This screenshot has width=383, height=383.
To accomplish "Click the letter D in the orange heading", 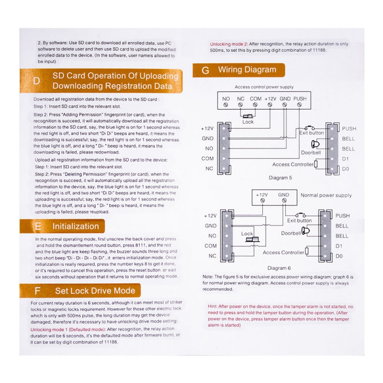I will point(37,80).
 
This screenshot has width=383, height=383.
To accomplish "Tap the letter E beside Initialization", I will point(37,226).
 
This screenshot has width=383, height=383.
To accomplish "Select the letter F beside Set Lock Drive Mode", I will point(37,291).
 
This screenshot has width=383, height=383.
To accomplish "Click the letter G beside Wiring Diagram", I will point(205,70).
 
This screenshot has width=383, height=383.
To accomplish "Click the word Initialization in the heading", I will point(76,226).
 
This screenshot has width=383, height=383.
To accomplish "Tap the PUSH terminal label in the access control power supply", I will point(300,99).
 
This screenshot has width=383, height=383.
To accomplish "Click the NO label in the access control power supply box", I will point(226,99).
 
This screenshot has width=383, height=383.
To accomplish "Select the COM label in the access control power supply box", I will point(256,99).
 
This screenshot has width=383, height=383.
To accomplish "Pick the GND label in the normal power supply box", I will point(284,195).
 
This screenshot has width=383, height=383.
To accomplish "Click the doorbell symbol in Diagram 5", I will point(315,144).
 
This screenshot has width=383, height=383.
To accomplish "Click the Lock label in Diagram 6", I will point(247,234).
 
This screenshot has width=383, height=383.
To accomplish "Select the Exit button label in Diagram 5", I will point(312,133).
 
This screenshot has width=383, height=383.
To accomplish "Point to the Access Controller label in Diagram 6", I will point(283,252).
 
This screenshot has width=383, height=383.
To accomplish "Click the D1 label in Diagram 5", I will point(346,158).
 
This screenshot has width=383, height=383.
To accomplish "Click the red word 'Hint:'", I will point(213,306).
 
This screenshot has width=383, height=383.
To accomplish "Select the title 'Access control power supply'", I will point(264,87).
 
